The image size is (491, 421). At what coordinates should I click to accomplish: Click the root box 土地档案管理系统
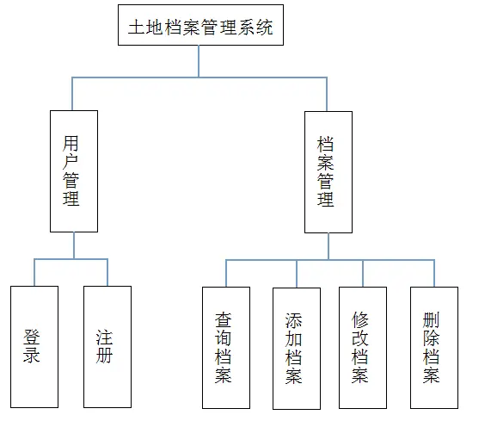tap(200, 25)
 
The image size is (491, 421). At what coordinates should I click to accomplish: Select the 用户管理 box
tap(74, 171)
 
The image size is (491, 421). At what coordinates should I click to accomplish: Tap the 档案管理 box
tap(328, 172)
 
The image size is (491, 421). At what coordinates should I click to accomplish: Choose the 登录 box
tap(34, 347)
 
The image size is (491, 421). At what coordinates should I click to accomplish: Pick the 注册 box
tap(107, 347)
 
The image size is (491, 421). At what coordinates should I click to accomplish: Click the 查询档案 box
tap(226, 348)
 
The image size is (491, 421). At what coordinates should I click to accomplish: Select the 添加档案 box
tap(297, 349)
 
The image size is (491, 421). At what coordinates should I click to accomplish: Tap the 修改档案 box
tap(363, 348)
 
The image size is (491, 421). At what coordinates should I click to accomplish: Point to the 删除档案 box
tap(434, 348)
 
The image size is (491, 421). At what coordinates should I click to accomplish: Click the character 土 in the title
tap(137, 27)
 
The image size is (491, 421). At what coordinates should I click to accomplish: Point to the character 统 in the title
tap(265, 27)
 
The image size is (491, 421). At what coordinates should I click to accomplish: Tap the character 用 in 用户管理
tap(71, 144)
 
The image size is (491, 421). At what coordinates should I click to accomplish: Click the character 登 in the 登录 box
tap(32, 337)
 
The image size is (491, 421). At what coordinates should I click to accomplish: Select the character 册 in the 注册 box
tap(104, 355)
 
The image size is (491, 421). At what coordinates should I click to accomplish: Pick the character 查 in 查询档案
tap(223, 319)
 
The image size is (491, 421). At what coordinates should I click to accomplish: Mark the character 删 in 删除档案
tap(431, 319)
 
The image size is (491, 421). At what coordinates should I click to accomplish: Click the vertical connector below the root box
tap(199, 61)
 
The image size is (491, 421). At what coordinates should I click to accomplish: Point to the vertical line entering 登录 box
tap(34, 272)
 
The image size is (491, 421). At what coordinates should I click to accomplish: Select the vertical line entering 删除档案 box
tap(434, 274)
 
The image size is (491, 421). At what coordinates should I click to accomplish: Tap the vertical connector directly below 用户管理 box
tap(74, 245)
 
